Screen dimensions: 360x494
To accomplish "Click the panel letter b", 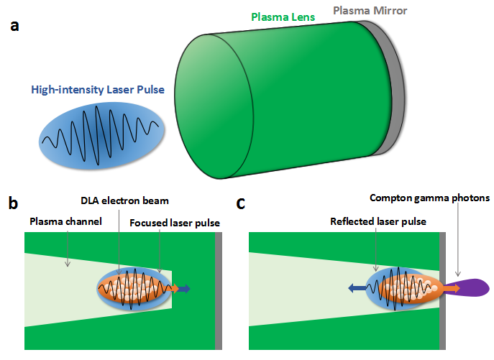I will tap(12, 204).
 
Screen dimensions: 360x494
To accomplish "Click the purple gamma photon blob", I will tap(475, 288).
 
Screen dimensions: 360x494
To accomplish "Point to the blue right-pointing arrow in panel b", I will tap(185, 289).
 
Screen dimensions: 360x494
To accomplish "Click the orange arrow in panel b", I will tap(173, 289).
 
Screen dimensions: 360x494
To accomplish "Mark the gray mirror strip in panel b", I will tap(219, 290).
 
